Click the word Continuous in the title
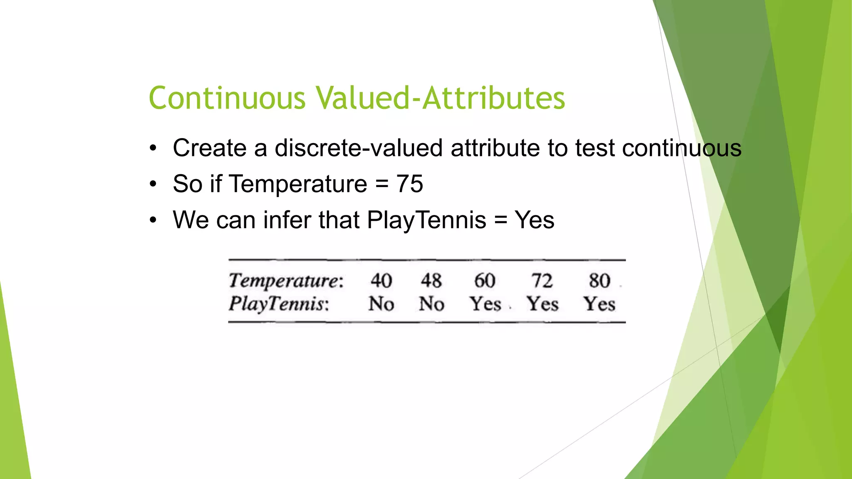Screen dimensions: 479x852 tap(227, 98)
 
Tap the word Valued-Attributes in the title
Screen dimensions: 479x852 tap(440, 98)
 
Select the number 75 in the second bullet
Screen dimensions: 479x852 tap(409, 184)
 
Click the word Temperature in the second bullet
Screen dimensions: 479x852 tap(298, 184)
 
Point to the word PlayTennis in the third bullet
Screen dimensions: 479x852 tap(426, 220)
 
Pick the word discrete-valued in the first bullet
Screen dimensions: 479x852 tap(359, 148)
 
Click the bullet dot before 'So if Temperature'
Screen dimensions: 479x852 tap(154, 184)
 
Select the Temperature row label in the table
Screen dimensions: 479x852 tap(286, 281)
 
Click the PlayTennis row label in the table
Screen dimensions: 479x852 tap(279, 304)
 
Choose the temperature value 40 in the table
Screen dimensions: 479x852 tap(381, 281)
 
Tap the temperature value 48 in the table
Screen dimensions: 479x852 tap(431, 281)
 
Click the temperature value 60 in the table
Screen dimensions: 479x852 tap(485, 281)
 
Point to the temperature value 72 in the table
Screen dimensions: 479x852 tap(542, 281)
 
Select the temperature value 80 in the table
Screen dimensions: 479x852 tap(599, 281)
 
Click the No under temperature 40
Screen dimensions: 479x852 tap(381, 304)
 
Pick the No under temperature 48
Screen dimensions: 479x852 tap(431, 304)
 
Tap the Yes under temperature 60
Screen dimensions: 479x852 tap(485, 304)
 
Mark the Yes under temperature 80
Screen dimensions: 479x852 tap(599, 304)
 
